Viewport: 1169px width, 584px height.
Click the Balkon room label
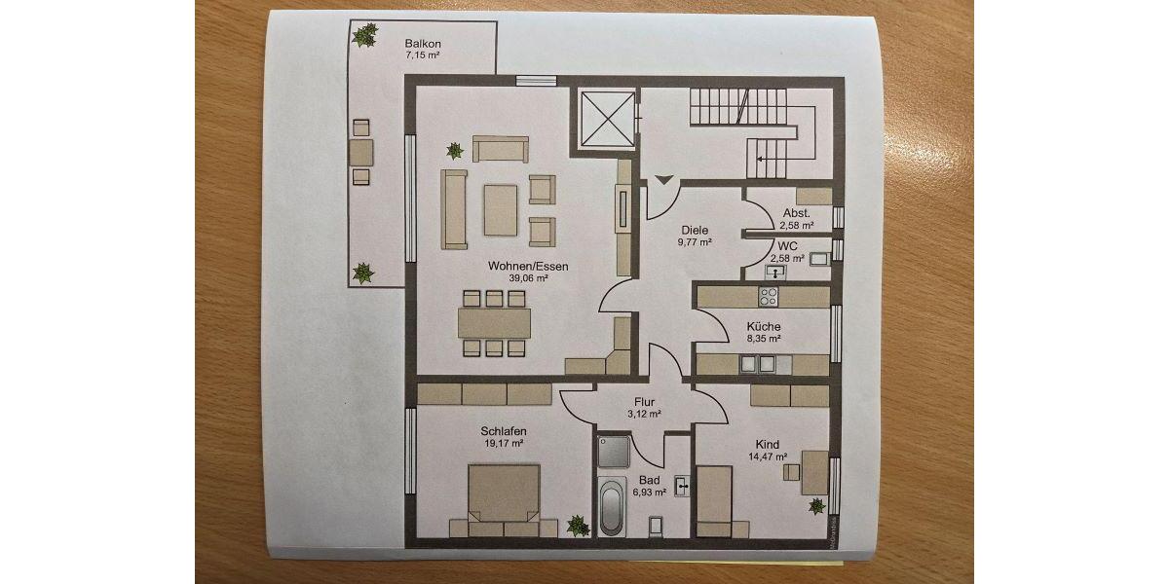(423, 44)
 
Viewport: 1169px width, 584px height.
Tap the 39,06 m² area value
(528, 277)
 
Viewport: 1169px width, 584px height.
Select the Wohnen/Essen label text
(528, 265)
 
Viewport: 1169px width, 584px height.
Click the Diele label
(695, 230)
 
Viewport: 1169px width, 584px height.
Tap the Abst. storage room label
(796, 212)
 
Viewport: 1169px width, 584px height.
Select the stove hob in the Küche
(770, 296)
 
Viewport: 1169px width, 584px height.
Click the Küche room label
(764, 326)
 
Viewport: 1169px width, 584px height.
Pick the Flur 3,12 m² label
(644, 407)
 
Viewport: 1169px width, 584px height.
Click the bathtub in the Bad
(612, 506)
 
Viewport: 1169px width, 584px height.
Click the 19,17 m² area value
(503, 443)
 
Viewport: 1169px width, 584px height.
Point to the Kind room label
(768, 444)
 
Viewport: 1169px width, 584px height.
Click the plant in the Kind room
(816, 505)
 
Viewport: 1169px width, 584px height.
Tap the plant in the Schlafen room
(578, 525)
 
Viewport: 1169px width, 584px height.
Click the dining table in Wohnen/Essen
(496, 322)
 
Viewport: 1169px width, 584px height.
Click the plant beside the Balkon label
(365, 37)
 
